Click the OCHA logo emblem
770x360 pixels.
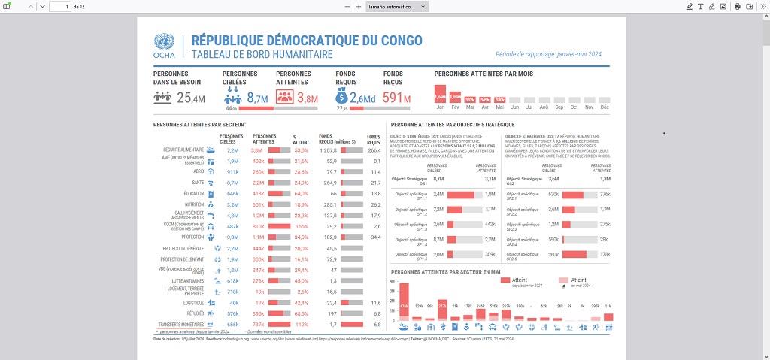click(164, 42)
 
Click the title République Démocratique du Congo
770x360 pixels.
click(307, 40)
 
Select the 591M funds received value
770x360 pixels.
click(396, 98)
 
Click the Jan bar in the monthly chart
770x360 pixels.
click(441, 94)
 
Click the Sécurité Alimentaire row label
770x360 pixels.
click(183, 150)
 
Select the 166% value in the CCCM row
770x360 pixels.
click(302, 225)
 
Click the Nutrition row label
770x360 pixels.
click(194, 204)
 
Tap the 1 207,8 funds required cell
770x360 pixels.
click(328, 150)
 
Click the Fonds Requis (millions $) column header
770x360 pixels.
click(335, 138)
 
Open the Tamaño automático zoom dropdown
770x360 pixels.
click(397, 7)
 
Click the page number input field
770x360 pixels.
click(60, 7)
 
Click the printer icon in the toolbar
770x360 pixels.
click(738, 7)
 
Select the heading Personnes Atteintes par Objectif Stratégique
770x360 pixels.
click(453, 124)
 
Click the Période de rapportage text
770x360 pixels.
click(548, 54)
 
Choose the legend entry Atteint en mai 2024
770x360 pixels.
click(577, 280)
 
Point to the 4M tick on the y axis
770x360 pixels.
click(392, 281)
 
